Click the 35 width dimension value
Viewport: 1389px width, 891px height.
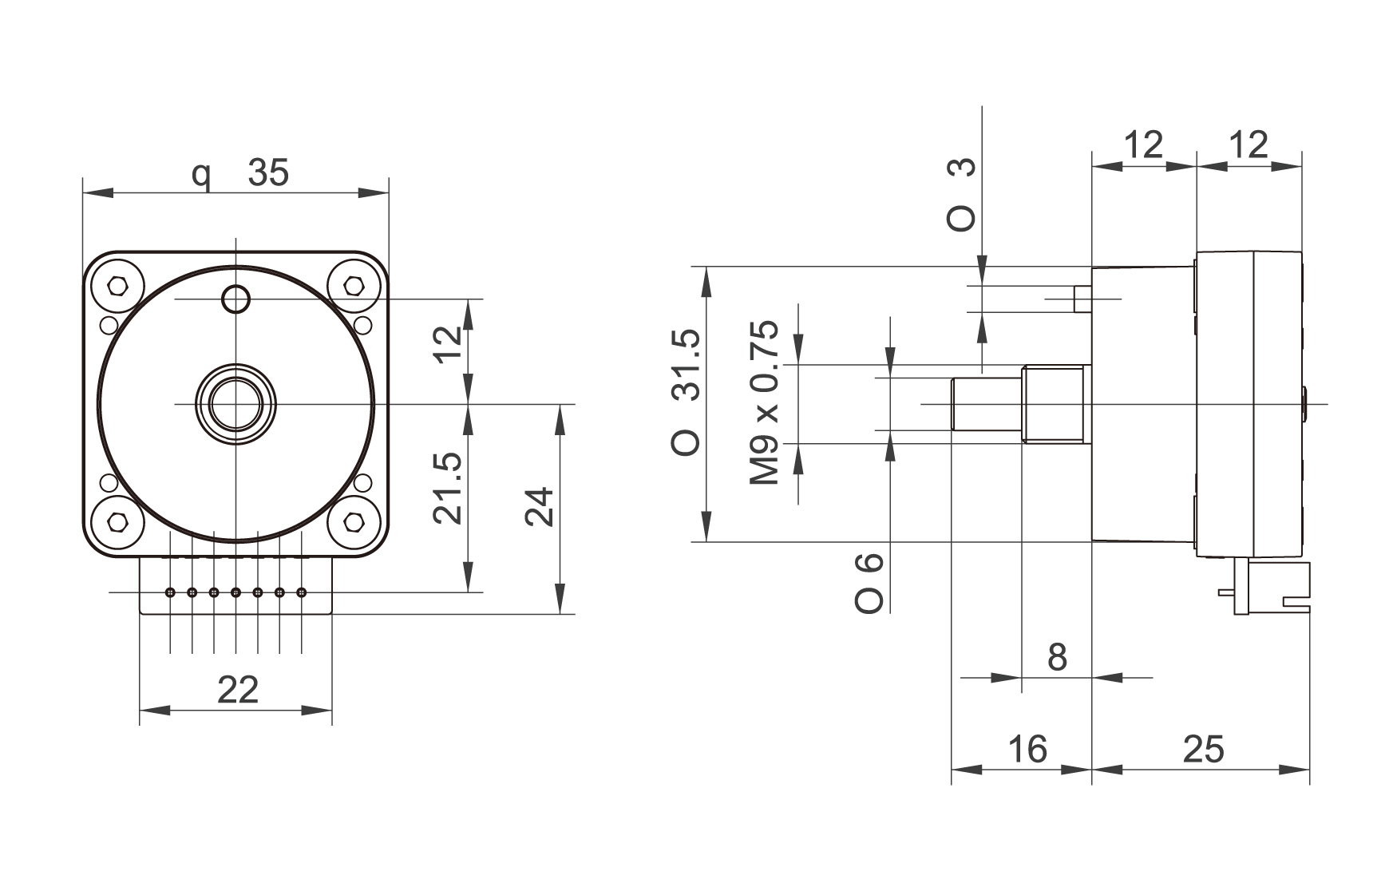coord(268,172)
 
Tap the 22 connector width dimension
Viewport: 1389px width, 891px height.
coord(238,689)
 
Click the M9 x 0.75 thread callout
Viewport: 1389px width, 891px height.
coord(764,403)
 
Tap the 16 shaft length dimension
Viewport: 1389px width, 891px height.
coord(1027,749)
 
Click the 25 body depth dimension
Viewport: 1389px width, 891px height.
coord(1203,749)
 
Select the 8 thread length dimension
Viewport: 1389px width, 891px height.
coord(1057,658)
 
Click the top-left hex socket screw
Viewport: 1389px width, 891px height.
coord(118,285)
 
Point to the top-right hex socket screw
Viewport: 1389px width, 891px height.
coord(353,285)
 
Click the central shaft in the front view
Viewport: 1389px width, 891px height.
coord(235,404)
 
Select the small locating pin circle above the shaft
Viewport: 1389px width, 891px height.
coord(235,299)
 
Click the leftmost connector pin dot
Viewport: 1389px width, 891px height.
coord(170,592)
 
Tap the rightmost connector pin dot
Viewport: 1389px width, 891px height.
coord(302,592)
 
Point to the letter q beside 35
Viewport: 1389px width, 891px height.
coord(203,176)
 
